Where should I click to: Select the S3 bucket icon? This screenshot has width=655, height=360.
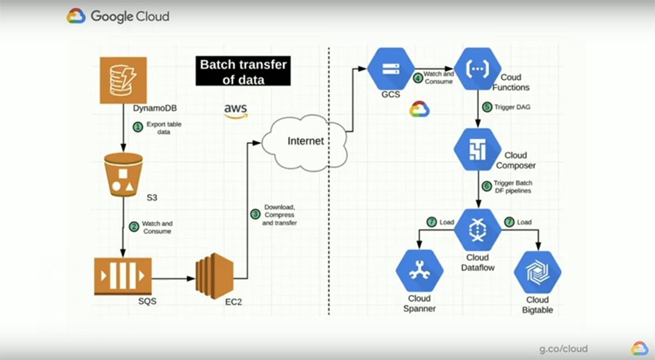tap(123, 175)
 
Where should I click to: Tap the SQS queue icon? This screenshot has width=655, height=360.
tap(123, 278)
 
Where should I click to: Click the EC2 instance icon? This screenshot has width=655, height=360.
tap(216, 278)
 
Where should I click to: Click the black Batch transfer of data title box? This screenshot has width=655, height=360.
tap(244, 72)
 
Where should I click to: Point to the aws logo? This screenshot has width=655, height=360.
tap(236, 111)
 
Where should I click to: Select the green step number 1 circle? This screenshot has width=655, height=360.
tap(137, 127)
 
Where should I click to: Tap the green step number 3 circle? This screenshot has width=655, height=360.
tap(255, 214)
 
